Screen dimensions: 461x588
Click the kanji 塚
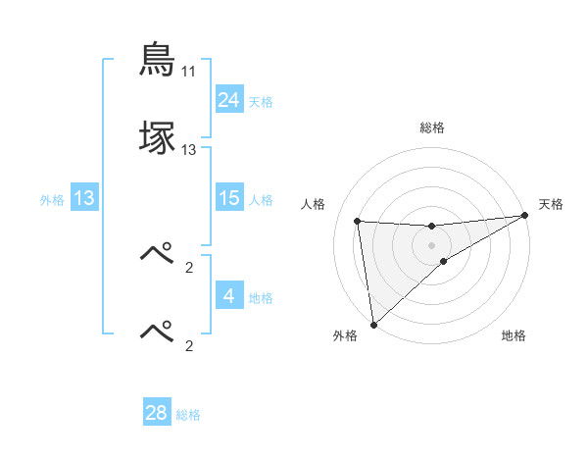click(157, 138)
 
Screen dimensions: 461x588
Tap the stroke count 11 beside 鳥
click(188, 72)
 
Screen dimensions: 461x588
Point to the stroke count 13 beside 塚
click(188, 150)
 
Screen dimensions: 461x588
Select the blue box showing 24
click(228, 99)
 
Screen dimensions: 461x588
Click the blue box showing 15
click(228, 198)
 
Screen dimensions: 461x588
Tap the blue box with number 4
click(228, 295)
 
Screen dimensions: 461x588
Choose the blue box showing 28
click(157, 413)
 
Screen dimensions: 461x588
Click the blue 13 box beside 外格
click(84, 198)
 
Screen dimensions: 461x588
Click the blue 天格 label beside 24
click(261, 101)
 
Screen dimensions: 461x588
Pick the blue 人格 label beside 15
click(261, 200)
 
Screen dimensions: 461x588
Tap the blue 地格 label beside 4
click(261, 297)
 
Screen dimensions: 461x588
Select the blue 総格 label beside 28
click(188, 415)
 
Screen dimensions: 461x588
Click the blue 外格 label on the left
click(52, 200)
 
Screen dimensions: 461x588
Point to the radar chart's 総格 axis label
click(432, 128)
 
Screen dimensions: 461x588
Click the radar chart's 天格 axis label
click(551, 204)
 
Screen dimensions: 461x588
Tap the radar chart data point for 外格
click(373, 325)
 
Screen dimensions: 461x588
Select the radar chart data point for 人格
click(358, 221)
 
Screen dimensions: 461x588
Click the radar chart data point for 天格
click(524, 216)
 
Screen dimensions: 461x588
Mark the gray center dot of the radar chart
click(432, 244)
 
